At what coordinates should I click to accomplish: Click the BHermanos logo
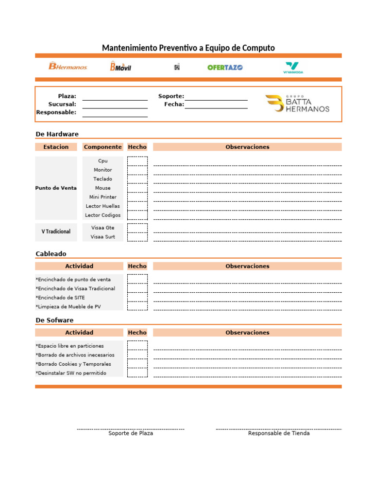(68, 66)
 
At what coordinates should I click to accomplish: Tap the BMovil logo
(120, 66)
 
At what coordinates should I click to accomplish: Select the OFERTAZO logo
(225, 67)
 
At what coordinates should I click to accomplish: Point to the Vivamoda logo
(293, 67)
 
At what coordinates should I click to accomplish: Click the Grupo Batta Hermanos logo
(297, 104)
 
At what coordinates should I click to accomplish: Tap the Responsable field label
(56, 112)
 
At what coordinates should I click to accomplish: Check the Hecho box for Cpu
(137, 161)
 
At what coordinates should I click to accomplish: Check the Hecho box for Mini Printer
(137, 197)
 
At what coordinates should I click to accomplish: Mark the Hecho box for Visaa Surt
(137, 237)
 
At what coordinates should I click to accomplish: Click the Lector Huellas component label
(102, 206)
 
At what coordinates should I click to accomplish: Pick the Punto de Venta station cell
(56, 188)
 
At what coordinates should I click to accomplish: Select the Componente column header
(102, 147)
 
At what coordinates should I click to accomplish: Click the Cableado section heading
(51, 254)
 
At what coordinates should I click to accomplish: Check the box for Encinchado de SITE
(137, 297)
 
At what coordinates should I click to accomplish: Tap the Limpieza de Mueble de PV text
(68, 306)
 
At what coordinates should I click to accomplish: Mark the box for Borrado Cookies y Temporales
(137, 364)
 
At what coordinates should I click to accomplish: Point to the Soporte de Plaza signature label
(131, 433)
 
